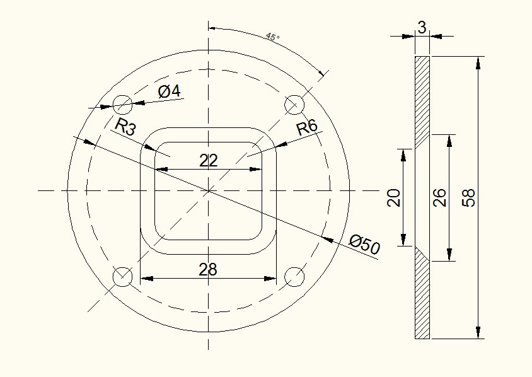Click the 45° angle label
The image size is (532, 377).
click(x=273, y=37)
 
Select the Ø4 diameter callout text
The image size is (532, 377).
click(x=170, y=91)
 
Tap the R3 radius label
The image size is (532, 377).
click(x=125, y=127)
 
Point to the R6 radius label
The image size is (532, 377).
click(x=307, y=127)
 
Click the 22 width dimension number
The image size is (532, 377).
click(x=208, y=161)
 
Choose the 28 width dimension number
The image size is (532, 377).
click(x=207, y=269)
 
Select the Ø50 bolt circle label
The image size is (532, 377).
click(x=365, y=243)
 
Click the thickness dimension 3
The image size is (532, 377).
click(x=422, y=28)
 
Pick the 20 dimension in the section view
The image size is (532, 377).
click(x=393, y=198)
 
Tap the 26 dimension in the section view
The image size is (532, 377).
click(x=440, y=198)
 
